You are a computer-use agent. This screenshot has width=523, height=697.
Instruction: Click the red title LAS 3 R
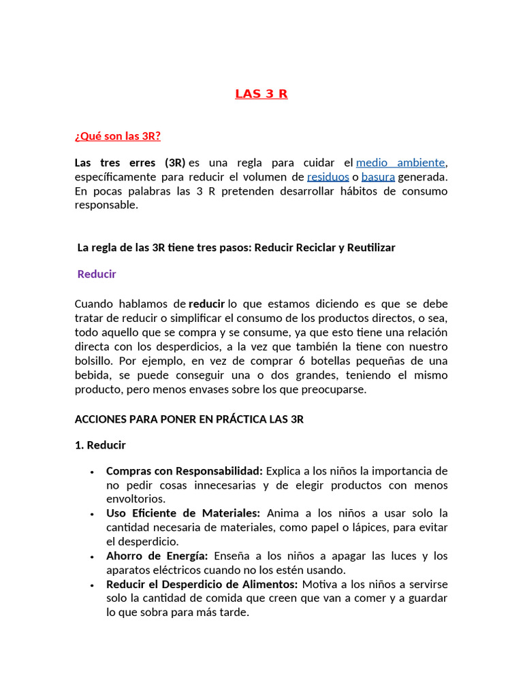point(261,94)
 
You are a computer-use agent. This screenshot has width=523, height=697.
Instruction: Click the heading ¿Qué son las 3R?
point(118,136)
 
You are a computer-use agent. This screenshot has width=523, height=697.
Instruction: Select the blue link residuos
point(330,177)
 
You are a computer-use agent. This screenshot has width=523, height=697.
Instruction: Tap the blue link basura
point(378,177)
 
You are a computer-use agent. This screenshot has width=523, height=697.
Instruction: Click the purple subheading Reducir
point(97,274)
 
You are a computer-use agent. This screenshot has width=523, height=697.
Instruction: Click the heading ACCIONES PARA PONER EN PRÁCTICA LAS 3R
point(189,419)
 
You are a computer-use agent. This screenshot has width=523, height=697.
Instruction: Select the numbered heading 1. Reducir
point(100,445)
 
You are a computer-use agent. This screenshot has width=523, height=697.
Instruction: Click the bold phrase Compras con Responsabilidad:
point(185,471)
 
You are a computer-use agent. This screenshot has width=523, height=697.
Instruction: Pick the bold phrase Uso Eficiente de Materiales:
point(183,513)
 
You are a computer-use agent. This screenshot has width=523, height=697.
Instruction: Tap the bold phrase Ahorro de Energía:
point(157,556)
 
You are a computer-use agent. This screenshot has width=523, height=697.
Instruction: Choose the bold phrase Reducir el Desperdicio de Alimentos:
point(202,585)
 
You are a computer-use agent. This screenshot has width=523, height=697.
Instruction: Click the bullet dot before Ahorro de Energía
point(91,557)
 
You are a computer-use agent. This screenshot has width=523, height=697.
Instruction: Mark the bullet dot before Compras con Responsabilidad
point(91,472)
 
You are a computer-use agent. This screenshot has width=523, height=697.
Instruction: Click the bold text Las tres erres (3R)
point(129,163)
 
